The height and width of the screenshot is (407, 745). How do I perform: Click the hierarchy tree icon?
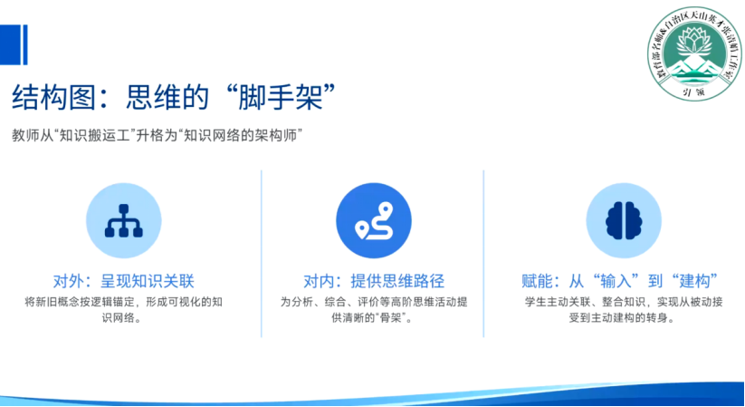[x=123, y=221]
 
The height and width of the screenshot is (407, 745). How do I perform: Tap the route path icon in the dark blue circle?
[x=373, y=221]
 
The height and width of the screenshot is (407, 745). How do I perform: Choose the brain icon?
[x=623, y=221]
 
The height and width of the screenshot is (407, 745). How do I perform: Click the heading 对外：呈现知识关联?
[x=124, y=279]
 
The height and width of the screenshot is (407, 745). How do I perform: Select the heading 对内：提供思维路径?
[x=373, y=279]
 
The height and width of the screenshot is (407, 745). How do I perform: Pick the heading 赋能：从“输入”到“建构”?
[x=622, y=279]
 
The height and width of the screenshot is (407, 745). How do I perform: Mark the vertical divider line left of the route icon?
[x=261, y=254]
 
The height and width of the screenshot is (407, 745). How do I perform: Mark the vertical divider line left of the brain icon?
[x=484, y=254]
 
